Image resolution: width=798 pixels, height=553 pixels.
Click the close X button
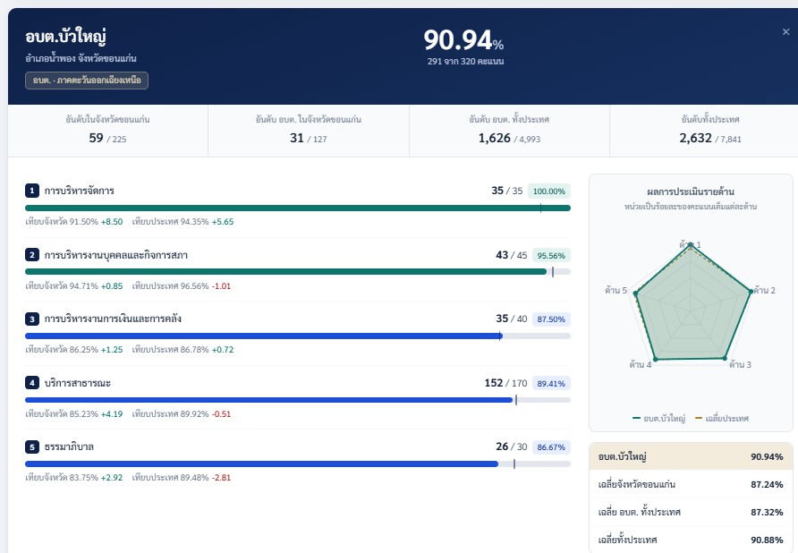click(785, 32)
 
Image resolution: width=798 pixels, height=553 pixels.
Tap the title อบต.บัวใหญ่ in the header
click(65, 36)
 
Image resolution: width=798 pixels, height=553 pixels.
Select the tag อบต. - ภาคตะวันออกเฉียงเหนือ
click(87, 81)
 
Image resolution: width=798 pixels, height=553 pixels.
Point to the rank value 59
click(96, 138)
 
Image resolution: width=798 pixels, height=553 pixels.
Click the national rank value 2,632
click(695, 138)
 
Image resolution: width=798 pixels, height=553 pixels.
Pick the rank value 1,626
click(494, 138)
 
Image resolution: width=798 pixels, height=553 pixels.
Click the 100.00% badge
click(549, 191)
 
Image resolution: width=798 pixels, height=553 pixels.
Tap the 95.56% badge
click(551, 255)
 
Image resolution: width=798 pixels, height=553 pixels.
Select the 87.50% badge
click(551, 319)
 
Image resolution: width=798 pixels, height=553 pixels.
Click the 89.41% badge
click(551, 384)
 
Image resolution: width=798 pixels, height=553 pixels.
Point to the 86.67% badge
click(551, 447)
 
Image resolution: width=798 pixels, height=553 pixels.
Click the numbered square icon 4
click(32, 383)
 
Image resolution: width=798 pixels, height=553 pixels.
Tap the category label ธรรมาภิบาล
click(69, 447)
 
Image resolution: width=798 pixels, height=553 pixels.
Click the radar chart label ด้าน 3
click(740, 364)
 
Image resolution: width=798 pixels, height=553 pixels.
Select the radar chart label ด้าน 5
click(615, 290)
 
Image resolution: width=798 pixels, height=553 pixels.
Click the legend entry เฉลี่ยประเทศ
click(722, 419)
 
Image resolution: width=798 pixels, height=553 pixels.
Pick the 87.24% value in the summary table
click(767, 484)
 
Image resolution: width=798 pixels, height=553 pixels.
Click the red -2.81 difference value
click(221, 478)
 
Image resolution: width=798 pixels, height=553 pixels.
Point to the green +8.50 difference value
click(112, 222)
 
